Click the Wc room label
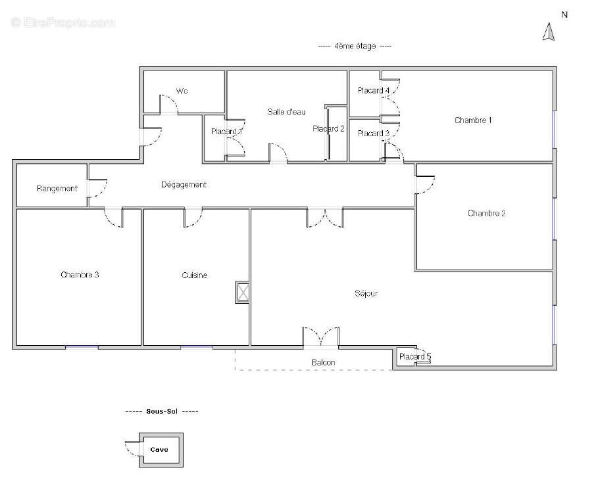(x=182, y=91)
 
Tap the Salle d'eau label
(x=286, y=112)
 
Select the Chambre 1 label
(x=473, y=120)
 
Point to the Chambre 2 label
(x=487, y=213)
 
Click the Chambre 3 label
(x=80, y=274)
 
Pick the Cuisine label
(x=194, y=275)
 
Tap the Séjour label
(x=366, y=293)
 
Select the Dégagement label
(x=184, y=185)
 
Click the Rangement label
(x=57, y=189)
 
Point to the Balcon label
(x=324, y=362)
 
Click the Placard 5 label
(x=414, y=357)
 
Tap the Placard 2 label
(x=328, y=129)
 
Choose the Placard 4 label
(x=374, y=91)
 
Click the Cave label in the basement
(x=159, y=450)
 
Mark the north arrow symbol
(x=549, y=32)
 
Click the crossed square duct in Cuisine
(x=243, y=292)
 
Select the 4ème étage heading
(x=355, y=46)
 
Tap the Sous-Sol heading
(x=162, y=411)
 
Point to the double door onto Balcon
(x=321, y=337)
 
